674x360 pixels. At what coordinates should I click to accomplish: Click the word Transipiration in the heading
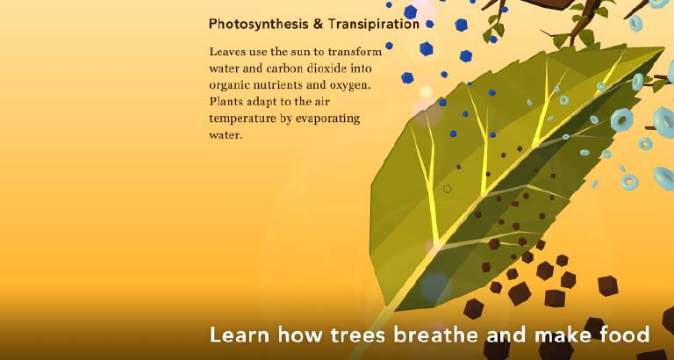[373, 24]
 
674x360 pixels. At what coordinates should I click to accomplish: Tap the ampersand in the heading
[318, 24]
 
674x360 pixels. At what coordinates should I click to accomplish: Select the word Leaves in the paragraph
[225, 52]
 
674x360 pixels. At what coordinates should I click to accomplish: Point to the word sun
[281, 53]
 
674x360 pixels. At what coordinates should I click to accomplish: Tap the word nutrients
[275, 85]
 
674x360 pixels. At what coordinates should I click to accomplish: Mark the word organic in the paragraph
[226, 86]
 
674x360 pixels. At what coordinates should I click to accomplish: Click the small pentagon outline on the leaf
[448, 189]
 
